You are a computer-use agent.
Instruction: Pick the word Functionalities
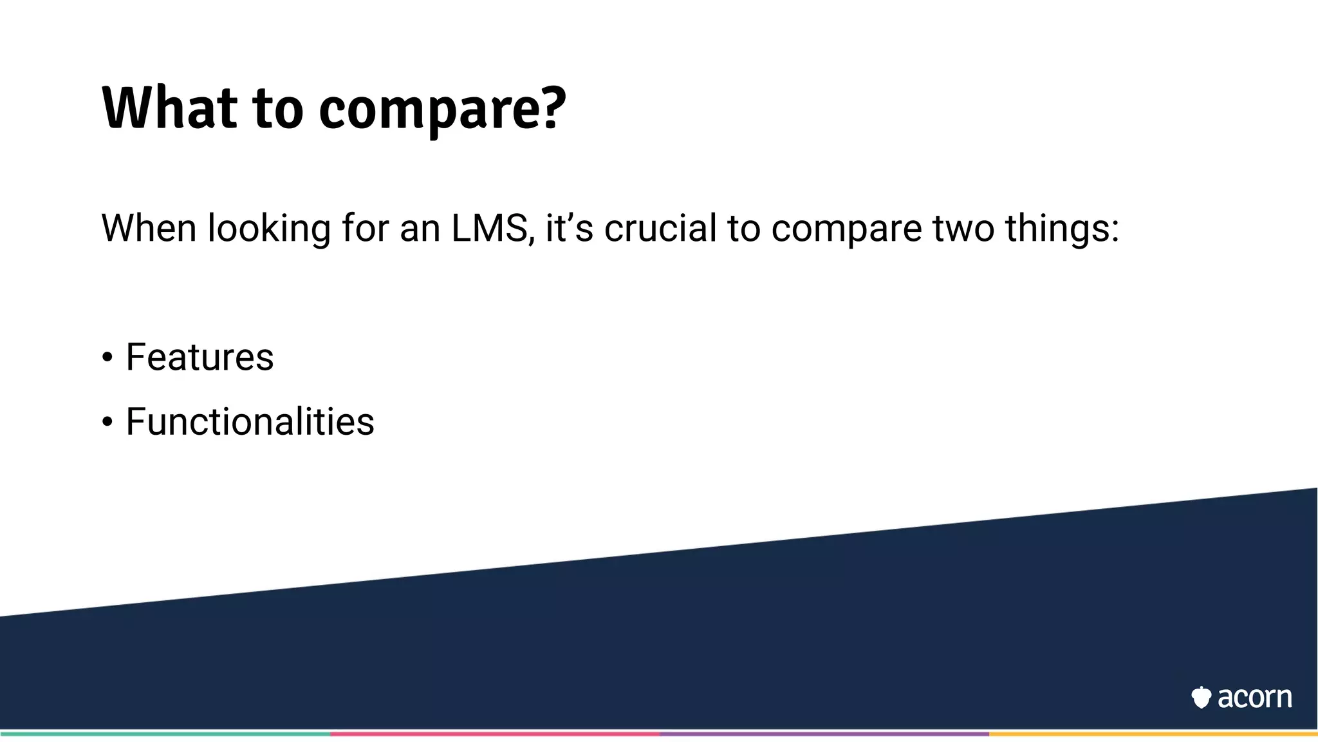point(250,422)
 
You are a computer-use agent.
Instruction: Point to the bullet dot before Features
point(107,357)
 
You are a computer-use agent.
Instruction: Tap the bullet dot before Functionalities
point(107,423)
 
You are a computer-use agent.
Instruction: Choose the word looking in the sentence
point(268,229)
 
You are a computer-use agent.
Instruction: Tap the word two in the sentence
point(963,229)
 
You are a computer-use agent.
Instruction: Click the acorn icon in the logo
point(1201,697)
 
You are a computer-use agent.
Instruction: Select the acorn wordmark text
point(1254,698)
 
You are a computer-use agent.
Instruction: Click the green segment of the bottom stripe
point(165,733)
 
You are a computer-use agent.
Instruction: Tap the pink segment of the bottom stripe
point(494,733)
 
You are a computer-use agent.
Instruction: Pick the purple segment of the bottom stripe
point(824,733)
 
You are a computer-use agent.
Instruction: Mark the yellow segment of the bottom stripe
point(1153,733)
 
